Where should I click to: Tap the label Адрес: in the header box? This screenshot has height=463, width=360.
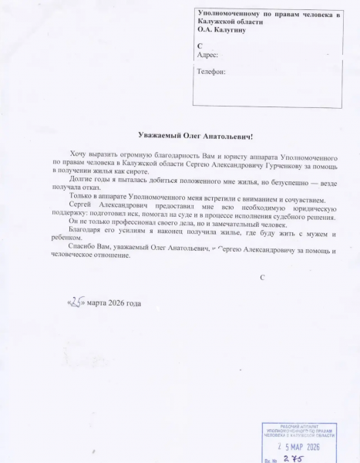207,55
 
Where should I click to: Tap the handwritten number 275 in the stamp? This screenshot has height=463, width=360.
292,458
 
